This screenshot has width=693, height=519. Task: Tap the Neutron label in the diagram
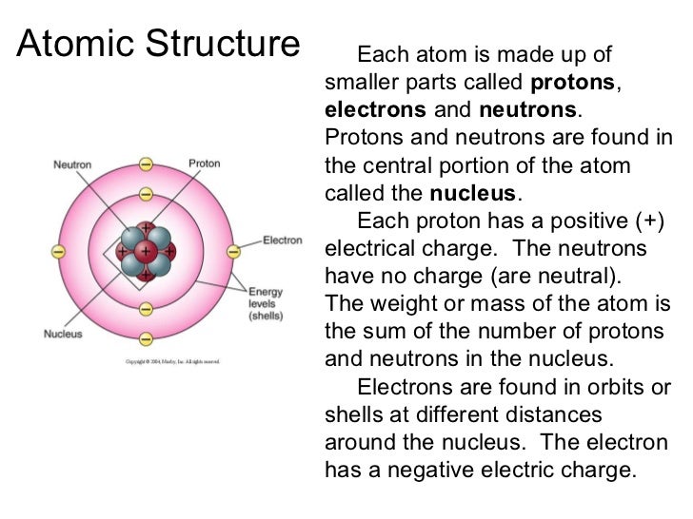click(72, 164)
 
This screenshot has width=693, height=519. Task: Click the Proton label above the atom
click(204, 163)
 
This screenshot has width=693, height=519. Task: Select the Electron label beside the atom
click(283, 240)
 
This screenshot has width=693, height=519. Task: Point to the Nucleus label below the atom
click(64, 334)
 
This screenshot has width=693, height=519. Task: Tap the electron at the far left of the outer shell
click(58, 252)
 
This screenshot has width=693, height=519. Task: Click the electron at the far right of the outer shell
click(233, 252)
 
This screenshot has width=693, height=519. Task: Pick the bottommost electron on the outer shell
click(146, 339)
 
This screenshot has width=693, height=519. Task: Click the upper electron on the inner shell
click(146, 195)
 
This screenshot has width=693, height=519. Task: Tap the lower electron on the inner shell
click(146, 309)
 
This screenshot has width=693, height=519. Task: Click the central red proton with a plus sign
click(145, 252)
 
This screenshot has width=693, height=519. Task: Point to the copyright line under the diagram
click(173, 361)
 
